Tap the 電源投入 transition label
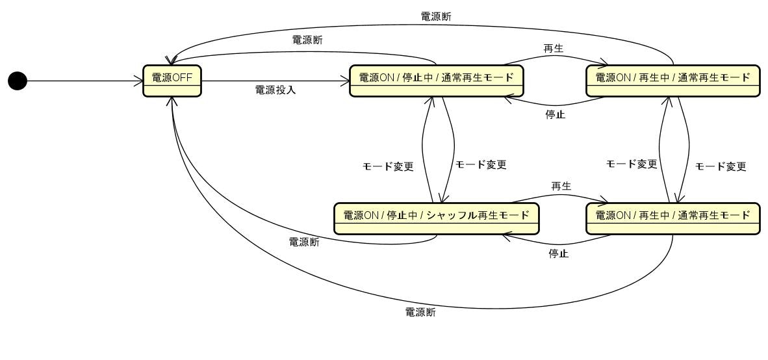[275, 90]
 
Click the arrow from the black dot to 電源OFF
[84, 81]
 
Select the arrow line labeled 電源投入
[275, 81]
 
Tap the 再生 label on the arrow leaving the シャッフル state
[561, 186]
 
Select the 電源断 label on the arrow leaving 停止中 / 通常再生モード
[308, 40]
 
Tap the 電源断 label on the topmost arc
[436, 16]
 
